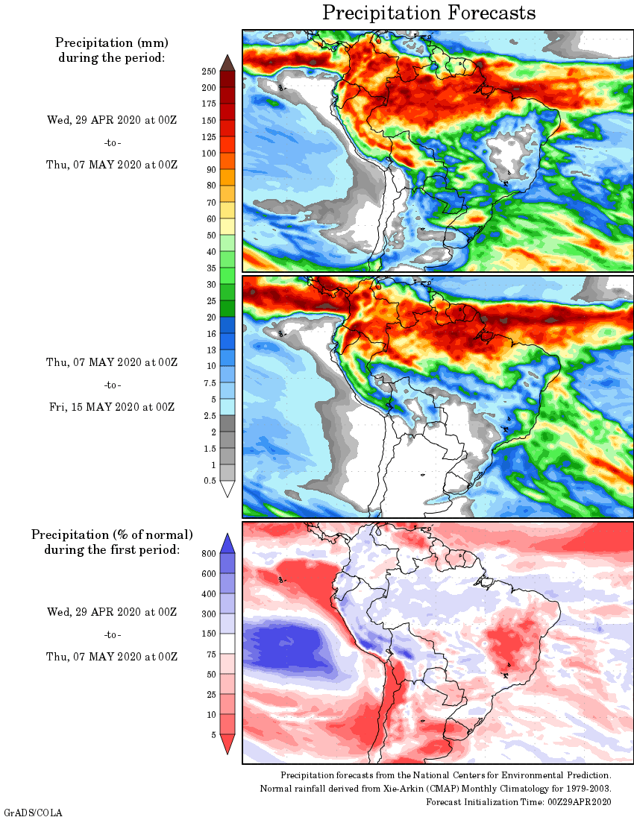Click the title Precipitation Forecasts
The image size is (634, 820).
429,13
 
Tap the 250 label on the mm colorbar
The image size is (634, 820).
209,72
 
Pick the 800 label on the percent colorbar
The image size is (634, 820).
209,554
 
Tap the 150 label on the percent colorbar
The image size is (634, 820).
209,634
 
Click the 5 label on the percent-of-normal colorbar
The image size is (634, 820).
213,735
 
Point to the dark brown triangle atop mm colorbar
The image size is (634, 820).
228,62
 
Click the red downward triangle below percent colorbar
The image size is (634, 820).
228,743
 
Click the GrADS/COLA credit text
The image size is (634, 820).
33,812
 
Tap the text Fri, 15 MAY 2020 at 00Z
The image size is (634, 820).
110,407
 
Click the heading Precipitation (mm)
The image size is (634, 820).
111,42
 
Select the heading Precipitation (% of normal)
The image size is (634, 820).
112,534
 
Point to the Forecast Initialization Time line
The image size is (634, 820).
518,801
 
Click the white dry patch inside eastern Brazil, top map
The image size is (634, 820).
515,149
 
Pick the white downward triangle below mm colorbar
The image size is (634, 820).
228,489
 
